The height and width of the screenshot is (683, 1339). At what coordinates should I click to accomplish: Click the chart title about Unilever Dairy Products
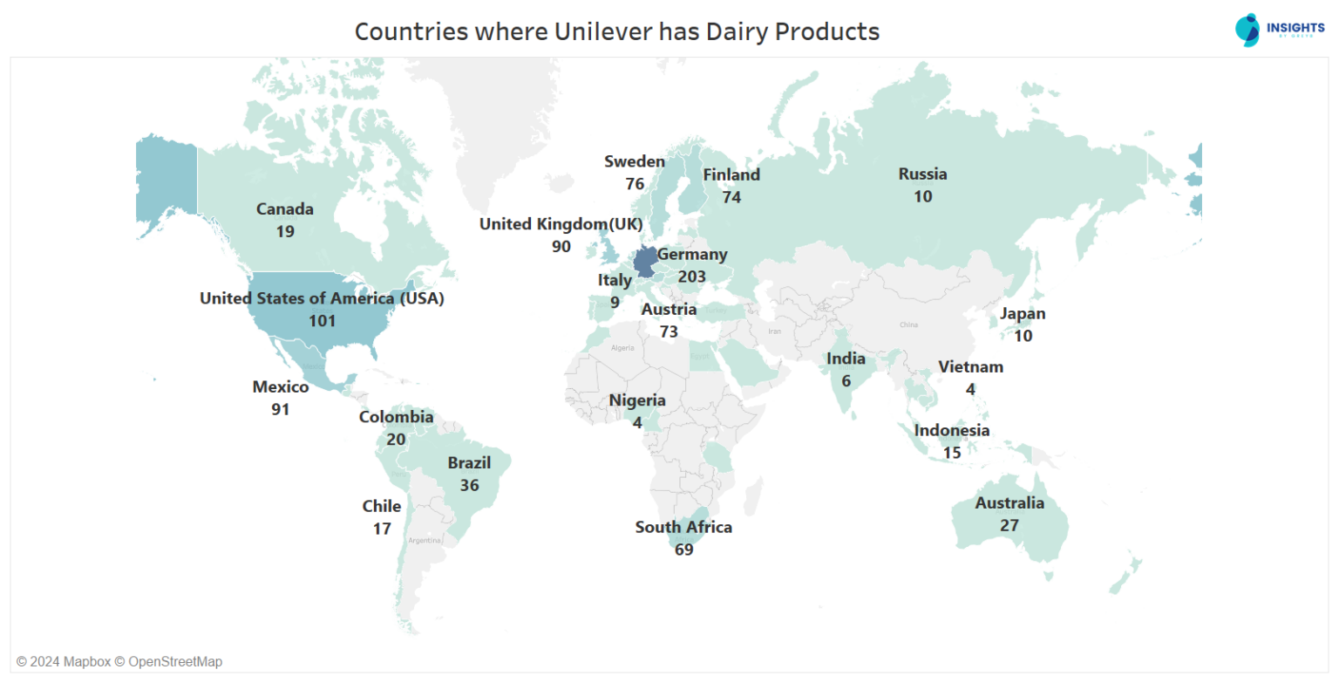click(x=616, y=32)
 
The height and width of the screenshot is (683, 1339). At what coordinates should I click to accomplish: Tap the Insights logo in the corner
click(x=1279, y=30)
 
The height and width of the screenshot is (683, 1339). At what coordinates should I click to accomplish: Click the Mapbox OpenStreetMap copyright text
click(x=119, y=661)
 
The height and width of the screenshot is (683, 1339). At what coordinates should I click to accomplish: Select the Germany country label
click(x=692, y=255)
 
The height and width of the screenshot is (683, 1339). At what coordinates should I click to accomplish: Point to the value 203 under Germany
click(x=691, y=277)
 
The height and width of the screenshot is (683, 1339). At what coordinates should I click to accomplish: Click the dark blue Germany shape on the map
click(x=646, y=261)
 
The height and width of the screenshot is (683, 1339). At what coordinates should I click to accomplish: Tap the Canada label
click(x=285, y=209)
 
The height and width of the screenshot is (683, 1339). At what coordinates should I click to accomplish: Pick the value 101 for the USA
click(x=322, y=320)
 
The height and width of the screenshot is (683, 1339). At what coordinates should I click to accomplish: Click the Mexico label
click(x=281, y=386)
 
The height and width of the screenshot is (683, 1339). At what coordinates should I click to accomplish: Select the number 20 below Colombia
click(x=396, y=439)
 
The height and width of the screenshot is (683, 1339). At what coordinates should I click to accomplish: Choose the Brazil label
click(x=469, y=462)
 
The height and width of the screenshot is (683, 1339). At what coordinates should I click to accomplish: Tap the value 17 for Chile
click(x=382, y=529)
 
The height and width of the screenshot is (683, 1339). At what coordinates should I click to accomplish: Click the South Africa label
click(x=683, y=527)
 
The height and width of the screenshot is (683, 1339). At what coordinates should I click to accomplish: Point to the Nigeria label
click(x=637, y=400)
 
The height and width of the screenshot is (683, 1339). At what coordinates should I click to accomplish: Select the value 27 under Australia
click(x=1009, y=525)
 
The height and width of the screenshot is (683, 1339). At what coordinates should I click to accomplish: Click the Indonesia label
click(x=952, y=430)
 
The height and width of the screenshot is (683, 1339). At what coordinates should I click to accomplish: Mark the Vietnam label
click(x=970, y=366)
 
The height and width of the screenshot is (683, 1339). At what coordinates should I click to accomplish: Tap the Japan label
click(x=1023, y=313)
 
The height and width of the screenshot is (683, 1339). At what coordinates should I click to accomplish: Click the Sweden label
click(x=635, y=161)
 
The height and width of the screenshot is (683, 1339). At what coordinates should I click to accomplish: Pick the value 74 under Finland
click(x=731, y=197)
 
